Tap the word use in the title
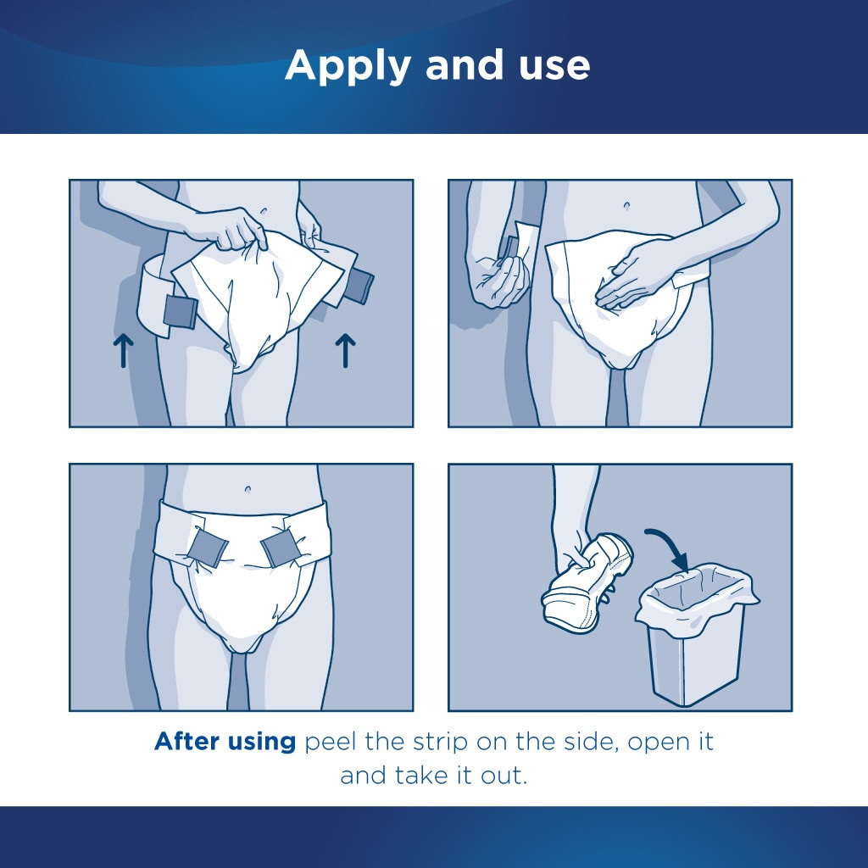552,66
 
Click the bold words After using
225,742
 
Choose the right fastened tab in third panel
280,548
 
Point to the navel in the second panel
626,206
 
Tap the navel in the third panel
247,489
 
